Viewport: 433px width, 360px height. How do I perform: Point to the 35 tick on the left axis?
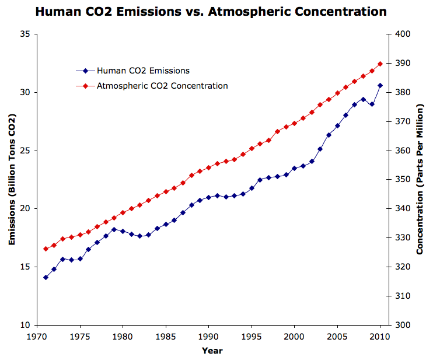pos(25,34)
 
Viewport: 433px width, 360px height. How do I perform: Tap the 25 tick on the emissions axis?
pos(25,151)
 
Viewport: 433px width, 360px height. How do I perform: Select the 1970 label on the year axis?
pos(37,337)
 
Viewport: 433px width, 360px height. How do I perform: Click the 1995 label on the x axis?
pos(252,337)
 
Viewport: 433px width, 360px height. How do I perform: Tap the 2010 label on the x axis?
pos(380,337)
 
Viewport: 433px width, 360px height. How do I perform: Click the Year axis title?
pos(212,351)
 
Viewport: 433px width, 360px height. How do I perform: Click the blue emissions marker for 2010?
pos(380,85)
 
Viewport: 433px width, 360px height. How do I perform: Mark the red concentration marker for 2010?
pos(380,64)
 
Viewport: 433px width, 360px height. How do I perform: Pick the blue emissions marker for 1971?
pos(46,277)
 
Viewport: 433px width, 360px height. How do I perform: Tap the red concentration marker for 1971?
pos(46,249)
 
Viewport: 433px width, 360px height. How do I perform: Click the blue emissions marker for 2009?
pos(372,104)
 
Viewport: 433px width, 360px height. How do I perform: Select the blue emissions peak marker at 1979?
pos(114,229)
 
